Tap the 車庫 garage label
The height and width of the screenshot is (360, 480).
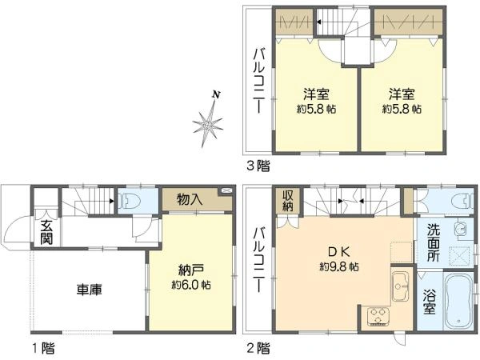(90, 290)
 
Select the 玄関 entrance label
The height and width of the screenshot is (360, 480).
(46, 232)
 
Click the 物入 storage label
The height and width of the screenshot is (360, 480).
(190, 199)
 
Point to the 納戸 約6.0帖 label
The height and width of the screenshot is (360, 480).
(191, 278)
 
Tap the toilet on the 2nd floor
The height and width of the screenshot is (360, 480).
(462, 202)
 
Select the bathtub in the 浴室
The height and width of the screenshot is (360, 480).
(458, 301)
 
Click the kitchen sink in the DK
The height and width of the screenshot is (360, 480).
(399, 286)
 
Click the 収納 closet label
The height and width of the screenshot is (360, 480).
(288, 201)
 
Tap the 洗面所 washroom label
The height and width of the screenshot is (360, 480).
(433, 242)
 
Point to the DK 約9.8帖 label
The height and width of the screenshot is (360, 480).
(339, 259)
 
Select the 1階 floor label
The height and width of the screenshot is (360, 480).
(44, 348)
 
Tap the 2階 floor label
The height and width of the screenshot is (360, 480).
(258, 348)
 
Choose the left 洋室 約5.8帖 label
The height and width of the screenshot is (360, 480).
(316, 102)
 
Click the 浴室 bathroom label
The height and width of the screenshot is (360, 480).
(430, 302)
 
